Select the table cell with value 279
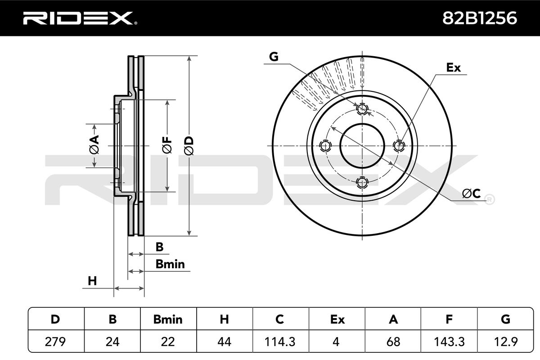pyautogui.click(x=56, y=342)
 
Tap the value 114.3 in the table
pyautogui.click(x=280, y=342)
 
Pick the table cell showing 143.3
pyautogui.click(x=448, y=342)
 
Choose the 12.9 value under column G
pyautogui.click(x=505, y=342)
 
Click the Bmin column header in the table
pyautogui.click(x=168, y=319)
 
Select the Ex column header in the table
pyautogui.click(x=337, y=319)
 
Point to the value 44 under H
pyautogui.click(x=224, y=342)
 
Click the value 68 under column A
pyautogui.click(x=393, y=342)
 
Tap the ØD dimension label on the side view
pyautogui.click(x=189, y=146)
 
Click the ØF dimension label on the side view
pyautogui.click(x=167, y=146)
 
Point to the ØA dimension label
pyautogui.click(x=94, y=145)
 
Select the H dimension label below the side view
pyautogui.click(x=92, y=281)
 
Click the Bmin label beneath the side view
pyautogui.click(x=170, y=264)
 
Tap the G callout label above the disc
pyautogui.click(x=274, y=57)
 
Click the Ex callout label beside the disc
pyautogui.click(x=453, y=67)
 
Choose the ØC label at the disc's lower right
pyautogui.click(x=471, y=193)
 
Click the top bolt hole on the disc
pyautogui.click(x=362, y=109)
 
